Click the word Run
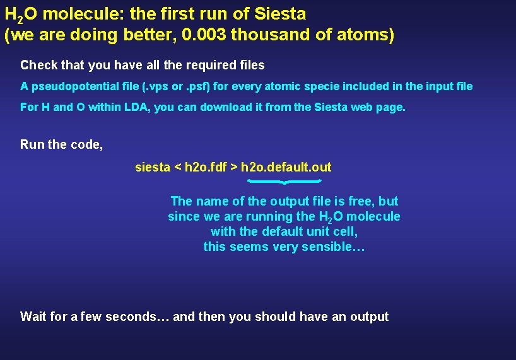pos(32,144)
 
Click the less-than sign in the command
pos(177,167)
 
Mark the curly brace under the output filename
pos(284,182)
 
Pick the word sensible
pos(327,247)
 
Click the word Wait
pos(34,316)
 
